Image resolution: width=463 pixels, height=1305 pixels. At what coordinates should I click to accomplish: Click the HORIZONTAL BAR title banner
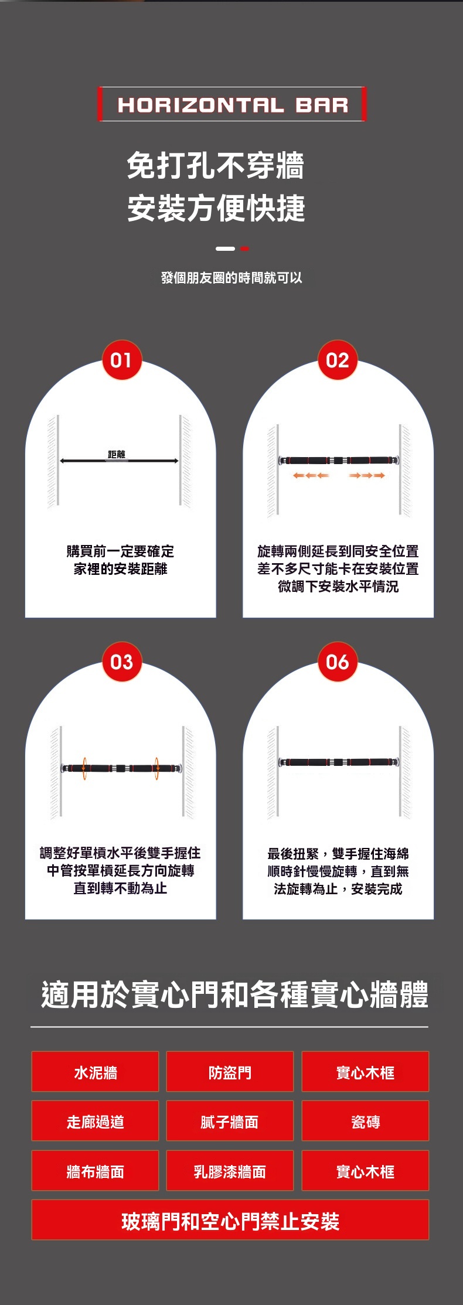(231, 104)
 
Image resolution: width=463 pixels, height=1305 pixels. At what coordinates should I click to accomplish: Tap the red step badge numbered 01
(121, 360)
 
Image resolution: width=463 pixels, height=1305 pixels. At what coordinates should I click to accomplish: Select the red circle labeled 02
(338, 360)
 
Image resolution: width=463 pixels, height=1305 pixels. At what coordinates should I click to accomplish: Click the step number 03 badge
(121, 662)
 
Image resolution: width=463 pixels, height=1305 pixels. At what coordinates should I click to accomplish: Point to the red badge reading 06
(338, 662)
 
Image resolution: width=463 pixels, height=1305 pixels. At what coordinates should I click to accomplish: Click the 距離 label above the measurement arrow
(117, 454)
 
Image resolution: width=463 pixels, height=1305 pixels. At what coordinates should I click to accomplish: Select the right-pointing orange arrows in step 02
(367, 475)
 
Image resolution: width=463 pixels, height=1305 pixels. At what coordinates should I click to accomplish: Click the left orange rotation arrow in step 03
(84, 768)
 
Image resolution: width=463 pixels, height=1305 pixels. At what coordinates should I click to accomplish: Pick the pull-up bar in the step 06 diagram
(339, 762)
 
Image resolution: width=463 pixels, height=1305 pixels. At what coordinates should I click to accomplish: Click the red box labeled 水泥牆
(95, 1072)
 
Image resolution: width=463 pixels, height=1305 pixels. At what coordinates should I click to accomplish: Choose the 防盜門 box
(230, 1072)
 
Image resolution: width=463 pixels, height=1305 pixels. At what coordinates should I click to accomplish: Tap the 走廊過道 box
(95, 1122)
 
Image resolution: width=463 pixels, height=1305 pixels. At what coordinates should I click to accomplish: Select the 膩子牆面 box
(230, 1122)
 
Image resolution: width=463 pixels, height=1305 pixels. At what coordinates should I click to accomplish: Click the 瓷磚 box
(365, 1122)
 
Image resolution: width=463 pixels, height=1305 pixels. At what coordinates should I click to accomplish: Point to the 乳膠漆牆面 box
(230, 1171)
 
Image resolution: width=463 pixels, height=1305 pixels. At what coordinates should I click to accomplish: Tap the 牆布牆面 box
(95, 1171)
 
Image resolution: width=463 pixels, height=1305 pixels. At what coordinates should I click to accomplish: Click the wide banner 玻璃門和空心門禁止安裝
(230, 1221)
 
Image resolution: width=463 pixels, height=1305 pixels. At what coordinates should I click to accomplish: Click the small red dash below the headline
(245, 248)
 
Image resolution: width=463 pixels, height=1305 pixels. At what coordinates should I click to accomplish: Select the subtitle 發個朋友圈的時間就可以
(231, 278)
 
